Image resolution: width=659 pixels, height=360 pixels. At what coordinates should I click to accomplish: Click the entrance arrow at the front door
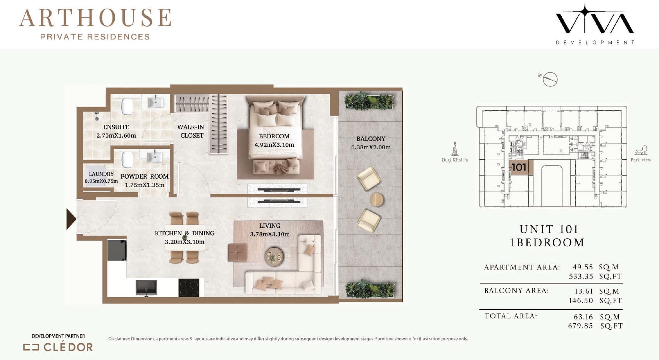pyautogui.click(x=71, y=219)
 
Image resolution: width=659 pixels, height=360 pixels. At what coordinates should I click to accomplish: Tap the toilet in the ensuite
pyautogui.click(x=127, y=106)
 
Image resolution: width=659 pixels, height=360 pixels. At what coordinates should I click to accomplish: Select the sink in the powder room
pyautogui.click(x=155, y=157)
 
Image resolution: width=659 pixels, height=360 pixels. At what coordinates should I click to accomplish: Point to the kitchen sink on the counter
pyautogui.click(x=146, y=288)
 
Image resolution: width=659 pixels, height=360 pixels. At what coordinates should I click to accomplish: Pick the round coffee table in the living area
pyautogui.click(x=274, y=256)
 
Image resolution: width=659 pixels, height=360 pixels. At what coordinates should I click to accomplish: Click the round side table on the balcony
pyautogui.click(x=376, y=200)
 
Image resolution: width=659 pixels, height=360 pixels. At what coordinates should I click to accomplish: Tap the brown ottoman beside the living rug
pyautogui.click(x=237, y=252)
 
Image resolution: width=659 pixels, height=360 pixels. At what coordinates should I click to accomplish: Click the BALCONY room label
pyautogui.click(x=371, y=138)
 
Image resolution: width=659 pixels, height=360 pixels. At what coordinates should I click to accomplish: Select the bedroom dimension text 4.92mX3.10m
pyautogui.click(x=274, y=145)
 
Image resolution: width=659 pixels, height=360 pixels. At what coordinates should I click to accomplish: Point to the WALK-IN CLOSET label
pyautogui.click(x=191, y=131)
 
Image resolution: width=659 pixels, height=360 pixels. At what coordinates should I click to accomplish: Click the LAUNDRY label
pyautogui.click(x=101, y=174)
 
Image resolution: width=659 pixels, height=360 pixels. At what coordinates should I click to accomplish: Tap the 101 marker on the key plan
pyautogui.click(x=519, y=167)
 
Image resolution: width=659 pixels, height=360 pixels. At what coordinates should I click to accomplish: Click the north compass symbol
pyautogui.click(x=548, y=79)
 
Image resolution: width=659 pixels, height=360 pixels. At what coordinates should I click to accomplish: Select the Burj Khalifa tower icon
pyautogui.click(x=455, y=148)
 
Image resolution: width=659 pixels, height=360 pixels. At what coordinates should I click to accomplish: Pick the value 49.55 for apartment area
pyautogui.click(x=583, y=267)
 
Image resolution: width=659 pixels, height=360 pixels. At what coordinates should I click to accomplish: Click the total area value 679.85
pyautogui.click(x=580, y=326)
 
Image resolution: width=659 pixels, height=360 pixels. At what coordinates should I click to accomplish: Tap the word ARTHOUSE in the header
pyautogui.click(x=95, y=18)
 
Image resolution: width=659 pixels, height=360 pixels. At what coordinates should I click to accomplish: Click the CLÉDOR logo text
pyautogui.click(x=68, y=347)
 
